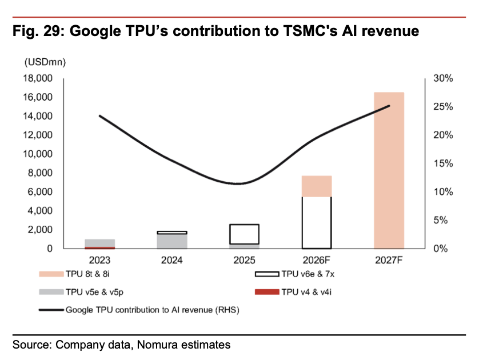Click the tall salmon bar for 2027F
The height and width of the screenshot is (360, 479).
[389, 170]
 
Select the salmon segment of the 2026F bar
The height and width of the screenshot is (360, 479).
[317, 186]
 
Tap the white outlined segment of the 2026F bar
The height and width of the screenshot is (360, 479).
[317, 223]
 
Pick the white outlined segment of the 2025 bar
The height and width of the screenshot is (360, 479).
[245, 234]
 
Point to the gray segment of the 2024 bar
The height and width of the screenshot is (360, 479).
[172, 242]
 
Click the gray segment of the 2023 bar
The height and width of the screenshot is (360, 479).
[100, 243]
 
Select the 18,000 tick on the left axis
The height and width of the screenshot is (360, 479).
[38, 78]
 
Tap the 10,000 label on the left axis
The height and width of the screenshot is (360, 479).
[38, 154]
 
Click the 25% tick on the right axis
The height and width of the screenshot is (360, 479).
[443, 106]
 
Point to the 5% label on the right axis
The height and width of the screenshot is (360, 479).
[441, 220]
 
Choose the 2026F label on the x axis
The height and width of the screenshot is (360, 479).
[317, 260]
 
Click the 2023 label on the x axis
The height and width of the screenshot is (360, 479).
[99, 260]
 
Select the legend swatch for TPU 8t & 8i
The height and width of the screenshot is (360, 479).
[51, 274]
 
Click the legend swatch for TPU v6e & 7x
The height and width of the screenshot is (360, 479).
[267, 274]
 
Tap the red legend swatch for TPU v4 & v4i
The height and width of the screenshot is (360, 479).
[267, 292]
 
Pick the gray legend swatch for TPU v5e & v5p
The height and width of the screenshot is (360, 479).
[51, 292]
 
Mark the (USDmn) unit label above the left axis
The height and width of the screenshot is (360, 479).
[45, 62]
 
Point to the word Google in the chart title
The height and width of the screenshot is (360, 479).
[95, 31]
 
